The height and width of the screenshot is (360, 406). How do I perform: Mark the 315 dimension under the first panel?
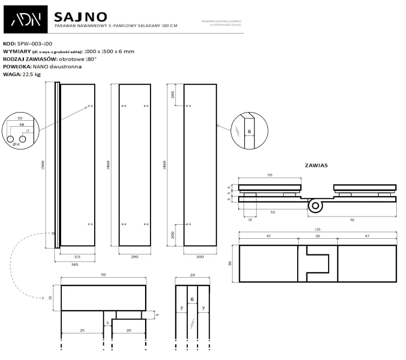(77, 257)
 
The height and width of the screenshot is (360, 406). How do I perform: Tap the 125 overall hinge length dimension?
(318, 230)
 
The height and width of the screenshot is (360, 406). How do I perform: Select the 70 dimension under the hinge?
(352, 220)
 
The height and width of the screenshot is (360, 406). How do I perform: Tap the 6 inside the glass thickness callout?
(249, 131)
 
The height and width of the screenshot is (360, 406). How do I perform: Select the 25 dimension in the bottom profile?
(82, 330)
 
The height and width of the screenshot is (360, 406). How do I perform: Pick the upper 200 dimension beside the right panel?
(173, 95)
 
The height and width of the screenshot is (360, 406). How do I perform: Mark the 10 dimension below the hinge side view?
(250, 220)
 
